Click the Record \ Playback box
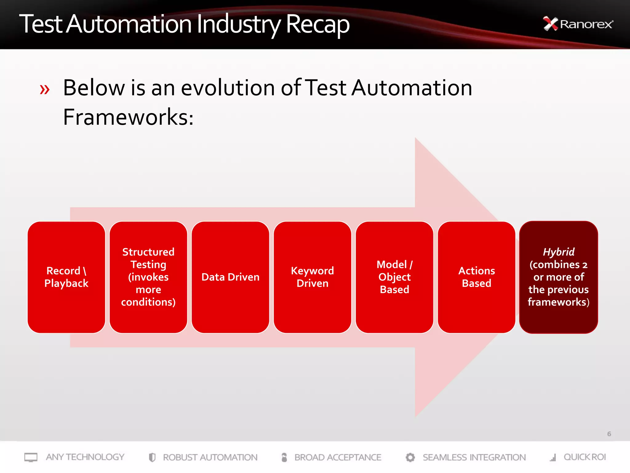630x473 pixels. click(x=66, y=277)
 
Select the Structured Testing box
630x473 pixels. click(x=148, y=277)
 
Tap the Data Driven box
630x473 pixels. click(x=230, y=277)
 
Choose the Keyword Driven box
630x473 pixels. click(x=312, y=277)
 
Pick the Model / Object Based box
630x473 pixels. click(x=394, y=277)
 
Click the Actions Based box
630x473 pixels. click(x=476, y=277)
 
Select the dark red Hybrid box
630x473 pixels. click(x=559, y=277)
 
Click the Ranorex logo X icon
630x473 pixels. click(x=550, y=24)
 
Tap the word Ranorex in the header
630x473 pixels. click(x=586, y=24)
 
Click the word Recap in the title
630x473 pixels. click(x=317, y=25)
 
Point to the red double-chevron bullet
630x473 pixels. click(x=45, y=90)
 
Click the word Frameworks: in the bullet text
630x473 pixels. click(x=128, y=117)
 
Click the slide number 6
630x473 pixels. click(x=609, y=434)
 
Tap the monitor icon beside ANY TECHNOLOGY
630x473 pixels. click(x=31, y=457)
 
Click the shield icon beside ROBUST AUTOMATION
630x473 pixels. click(x=152, y=457)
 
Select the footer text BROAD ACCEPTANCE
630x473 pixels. click(x=338, y=457)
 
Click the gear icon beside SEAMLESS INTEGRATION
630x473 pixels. click(x=410, y=457)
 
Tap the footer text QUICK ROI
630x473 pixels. click(x=584, y=457)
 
